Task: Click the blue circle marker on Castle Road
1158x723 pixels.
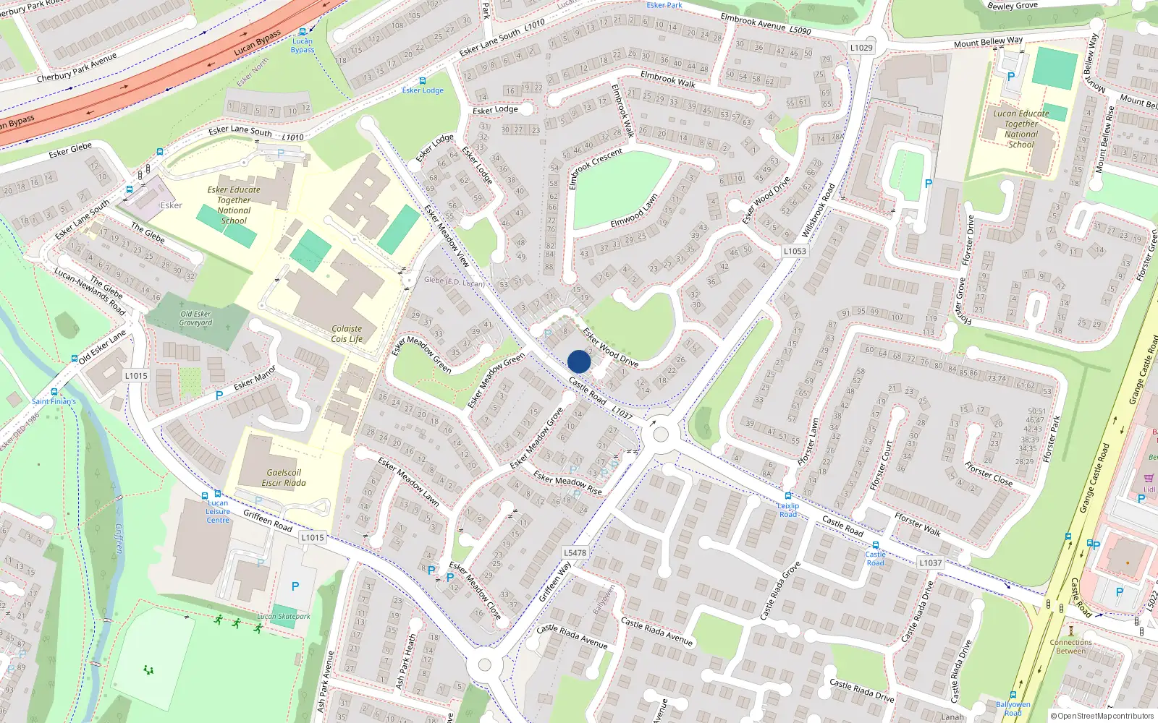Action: [579, 361]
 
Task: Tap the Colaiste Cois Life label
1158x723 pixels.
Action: [347, 333]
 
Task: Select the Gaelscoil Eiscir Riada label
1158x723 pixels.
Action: [284, 478]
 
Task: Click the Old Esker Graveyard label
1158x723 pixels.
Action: [195, 318]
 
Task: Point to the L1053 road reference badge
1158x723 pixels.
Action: [795, 251]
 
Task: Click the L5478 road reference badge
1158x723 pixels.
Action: [575, 552]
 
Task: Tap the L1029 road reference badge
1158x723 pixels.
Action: [861, 48]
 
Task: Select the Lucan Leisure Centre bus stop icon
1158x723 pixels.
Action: [205, 495]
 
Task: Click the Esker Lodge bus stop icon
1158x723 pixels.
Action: [423, 81]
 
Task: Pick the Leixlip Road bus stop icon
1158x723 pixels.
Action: [788, 496]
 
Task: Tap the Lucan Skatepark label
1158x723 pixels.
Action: [284, 617]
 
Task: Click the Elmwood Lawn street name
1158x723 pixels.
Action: [634, 210]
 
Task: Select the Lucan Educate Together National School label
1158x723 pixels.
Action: [1020, 129]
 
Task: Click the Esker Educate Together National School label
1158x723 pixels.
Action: [234, 205]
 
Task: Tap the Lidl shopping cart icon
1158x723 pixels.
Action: [1149, 478]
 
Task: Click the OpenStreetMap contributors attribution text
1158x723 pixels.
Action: [1102, 716]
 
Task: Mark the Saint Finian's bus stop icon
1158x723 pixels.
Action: [54, 392]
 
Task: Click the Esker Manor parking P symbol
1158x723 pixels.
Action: [219, 395]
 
